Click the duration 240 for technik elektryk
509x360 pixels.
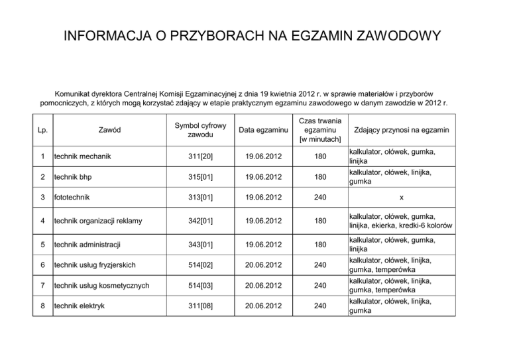320,306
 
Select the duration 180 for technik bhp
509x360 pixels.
320,178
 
